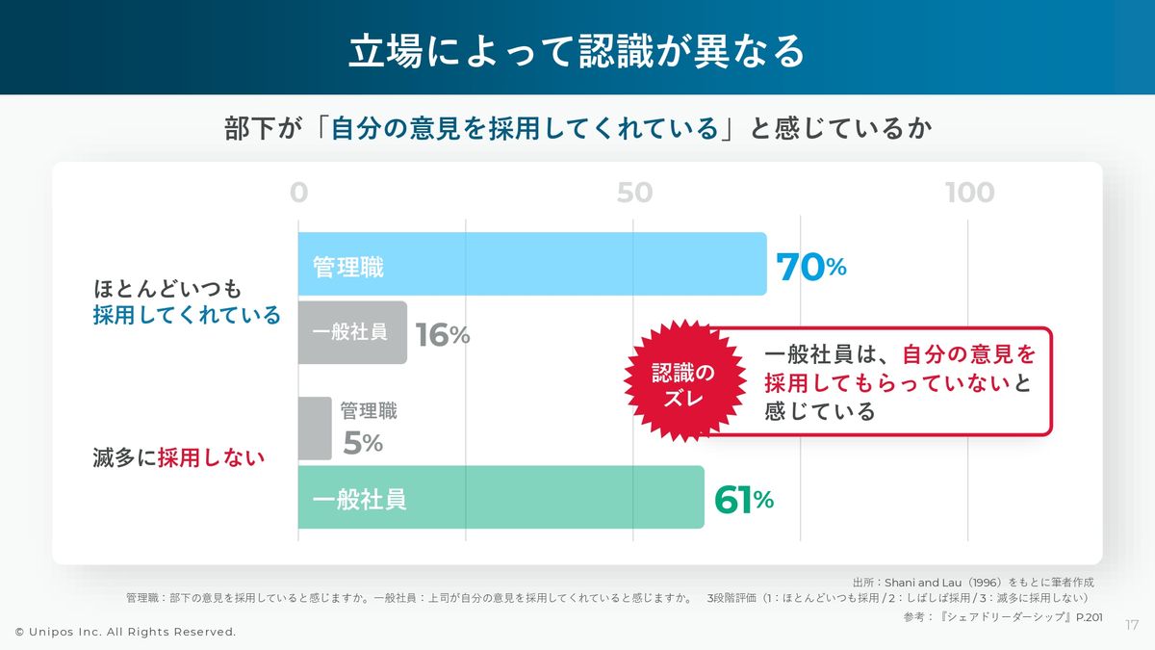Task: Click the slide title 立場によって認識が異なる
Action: pos(577,50)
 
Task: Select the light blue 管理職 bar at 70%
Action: pos(531,264)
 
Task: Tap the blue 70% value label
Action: pos(810,268)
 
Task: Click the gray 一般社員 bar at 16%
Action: pos(352,332)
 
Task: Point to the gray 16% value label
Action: pos(442,334)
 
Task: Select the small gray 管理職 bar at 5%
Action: pos(314,429)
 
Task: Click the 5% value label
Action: pos(363,443)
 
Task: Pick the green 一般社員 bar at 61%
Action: pos(500,498)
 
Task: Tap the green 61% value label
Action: pos(743,500)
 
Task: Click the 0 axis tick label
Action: pos(299,193)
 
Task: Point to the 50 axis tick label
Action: pos(634,193)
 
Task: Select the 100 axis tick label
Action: pos(969,193)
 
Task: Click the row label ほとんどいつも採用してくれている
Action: pos(187,301)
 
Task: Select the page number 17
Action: pos(1132,626)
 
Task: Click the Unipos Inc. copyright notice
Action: pos(125,632)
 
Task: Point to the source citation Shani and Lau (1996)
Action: pos(973,582)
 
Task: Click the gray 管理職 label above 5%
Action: pos(369,411)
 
